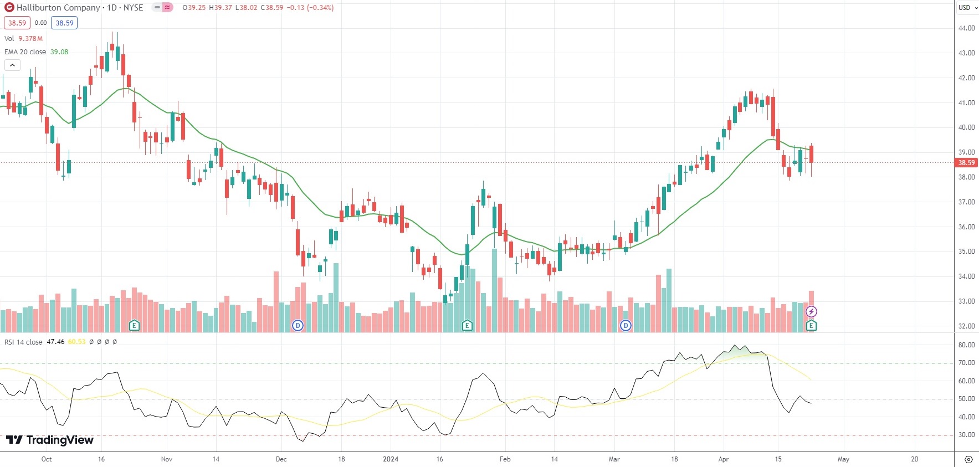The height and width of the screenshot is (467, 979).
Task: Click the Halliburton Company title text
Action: coord(58,8)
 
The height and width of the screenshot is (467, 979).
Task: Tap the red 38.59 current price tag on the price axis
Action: coord(966,163)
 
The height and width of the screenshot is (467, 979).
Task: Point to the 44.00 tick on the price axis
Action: coord(966,28)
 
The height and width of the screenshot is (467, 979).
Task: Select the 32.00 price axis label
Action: coord(966,326)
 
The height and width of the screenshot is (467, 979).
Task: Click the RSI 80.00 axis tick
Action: coord(966,345)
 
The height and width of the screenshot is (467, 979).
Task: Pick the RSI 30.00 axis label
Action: coord(966,435)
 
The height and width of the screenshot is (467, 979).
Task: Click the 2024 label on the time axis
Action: coord(391,459)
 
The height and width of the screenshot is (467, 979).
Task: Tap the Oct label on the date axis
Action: coord(47,459)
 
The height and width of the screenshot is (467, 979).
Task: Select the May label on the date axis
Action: coord(843,459)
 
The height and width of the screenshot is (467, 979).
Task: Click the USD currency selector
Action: coord(967,8)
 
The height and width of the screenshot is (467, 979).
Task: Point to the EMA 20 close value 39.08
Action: coord(59,52)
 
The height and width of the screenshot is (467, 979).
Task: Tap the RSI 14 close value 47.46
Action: coord(55,342)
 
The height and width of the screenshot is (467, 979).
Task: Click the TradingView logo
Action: coord(50,440)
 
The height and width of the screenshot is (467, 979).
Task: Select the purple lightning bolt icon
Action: coord(811,312)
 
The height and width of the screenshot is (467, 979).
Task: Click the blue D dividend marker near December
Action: coord(298,326)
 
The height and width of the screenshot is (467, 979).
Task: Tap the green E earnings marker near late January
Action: coord(467,326)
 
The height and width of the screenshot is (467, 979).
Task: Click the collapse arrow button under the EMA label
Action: coord(12,65)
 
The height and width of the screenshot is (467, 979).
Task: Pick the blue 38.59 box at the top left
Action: coord(64,23)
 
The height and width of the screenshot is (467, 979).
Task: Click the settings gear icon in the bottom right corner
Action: coord(968,459)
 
